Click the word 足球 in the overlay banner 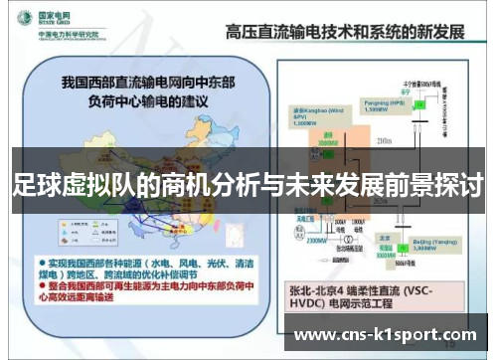coord(33,184)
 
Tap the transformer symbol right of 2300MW coord(348,240)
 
